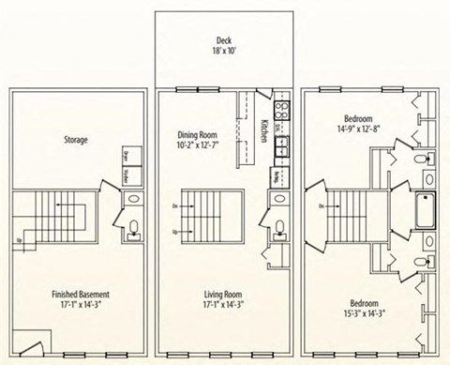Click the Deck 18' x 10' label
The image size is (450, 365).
[x=224, y=47]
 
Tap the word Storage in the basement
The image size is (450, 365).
[x=75, y=140]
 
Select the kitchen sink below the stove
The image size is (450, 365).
[x=279, y=145]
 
